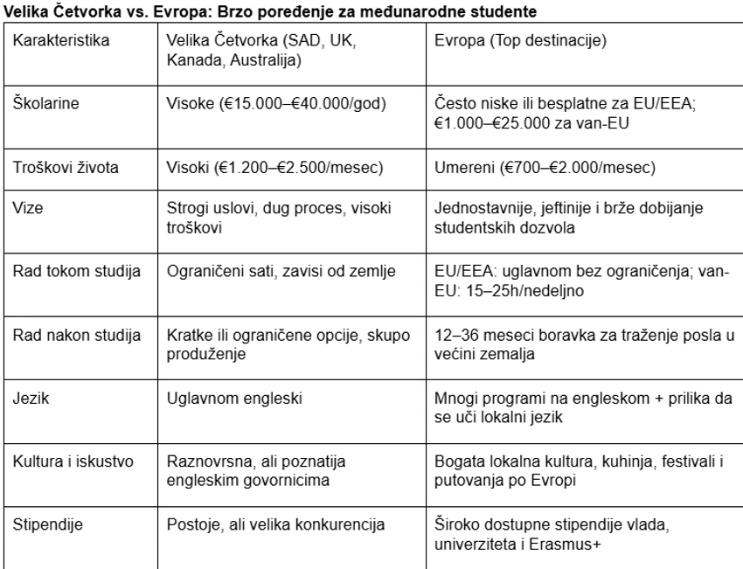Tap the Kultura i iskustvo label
pos(73,459)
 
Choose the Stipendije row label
pos(45,526)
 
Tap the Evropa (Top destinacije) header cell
pos(512,42)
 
